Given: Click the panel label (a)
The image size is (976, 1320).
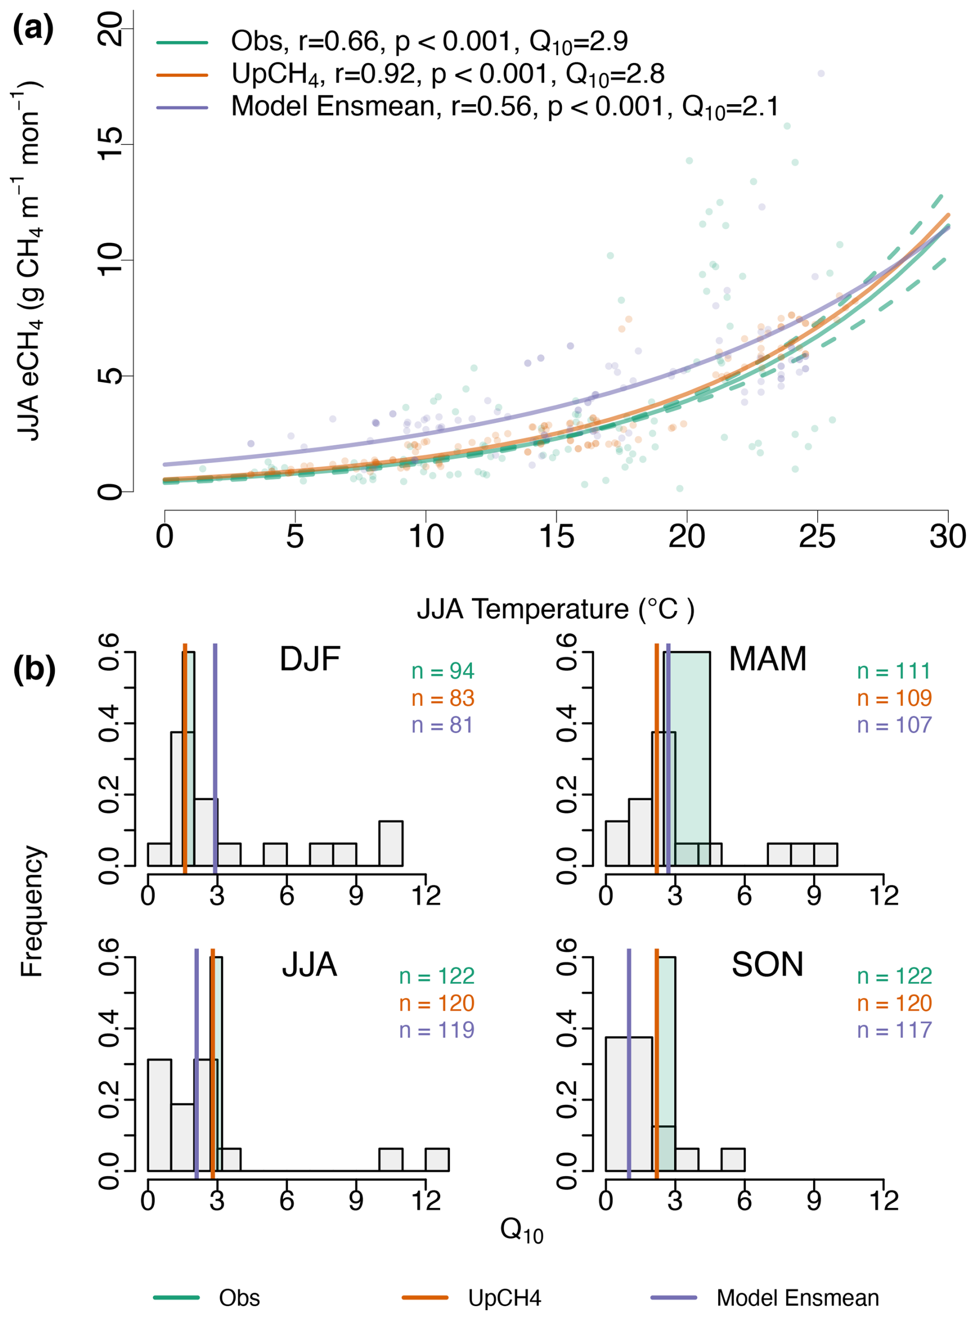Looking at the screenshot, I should pyautogui.click(x=33, y=28).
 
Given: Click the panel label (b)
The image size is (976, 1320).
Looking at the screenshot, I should pyautogui.click(x=34, y=669).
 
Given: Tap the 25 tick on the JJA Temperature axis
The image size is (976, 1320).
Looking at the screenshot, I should pyautogui.click(x=817, y=536).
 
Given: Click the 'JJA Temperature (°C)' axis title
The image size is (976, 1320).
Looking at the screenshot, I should pyautogui.click(x=556, y=609).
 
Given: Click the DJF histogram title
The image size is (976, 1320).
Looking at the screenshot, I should pyautogui.click(x=310, y=659).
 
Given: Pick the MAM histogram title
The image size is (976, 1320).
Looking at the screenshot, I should pyautogui.click(x=768, y=659).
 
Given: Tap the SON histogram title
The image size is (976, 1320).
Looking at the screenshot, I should pyautogui.click(x=768, y=965).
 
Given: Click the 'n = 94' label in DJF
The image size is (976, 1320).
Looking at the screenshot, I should pyautogui.click(x=443, y=671).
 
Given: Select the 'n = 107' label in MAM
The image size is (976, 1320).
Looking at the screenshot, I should pyautogui.click(x=894, y=725).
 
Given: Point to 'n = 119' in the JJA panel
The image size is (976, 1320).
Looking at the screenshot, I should pyautogui.click(x=436, y=1031).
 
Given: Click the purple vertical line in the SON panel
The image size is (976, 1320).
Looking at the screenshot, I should pyautogui.click(x=629, y=1063).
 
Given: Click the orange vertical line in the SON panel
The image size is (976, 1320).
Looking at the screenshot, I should pyautogui.click(x=656, y=1063).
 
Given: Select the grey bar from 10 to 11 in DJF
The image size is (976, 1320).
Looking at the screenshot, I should pyautogui.click(x=391, y=844).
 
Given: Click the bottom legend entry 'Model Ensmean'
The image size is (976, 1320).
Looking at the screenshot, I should pyautogui.click(x=797, y=1298).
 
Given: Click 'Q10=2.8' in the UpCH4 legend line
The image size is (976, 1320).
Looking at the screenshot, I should pyautogui.click(x=614, y=75).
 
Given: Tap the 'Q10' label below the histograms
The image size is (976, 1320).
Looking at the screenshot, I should pyautogui.click(x=521, y=1231).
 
